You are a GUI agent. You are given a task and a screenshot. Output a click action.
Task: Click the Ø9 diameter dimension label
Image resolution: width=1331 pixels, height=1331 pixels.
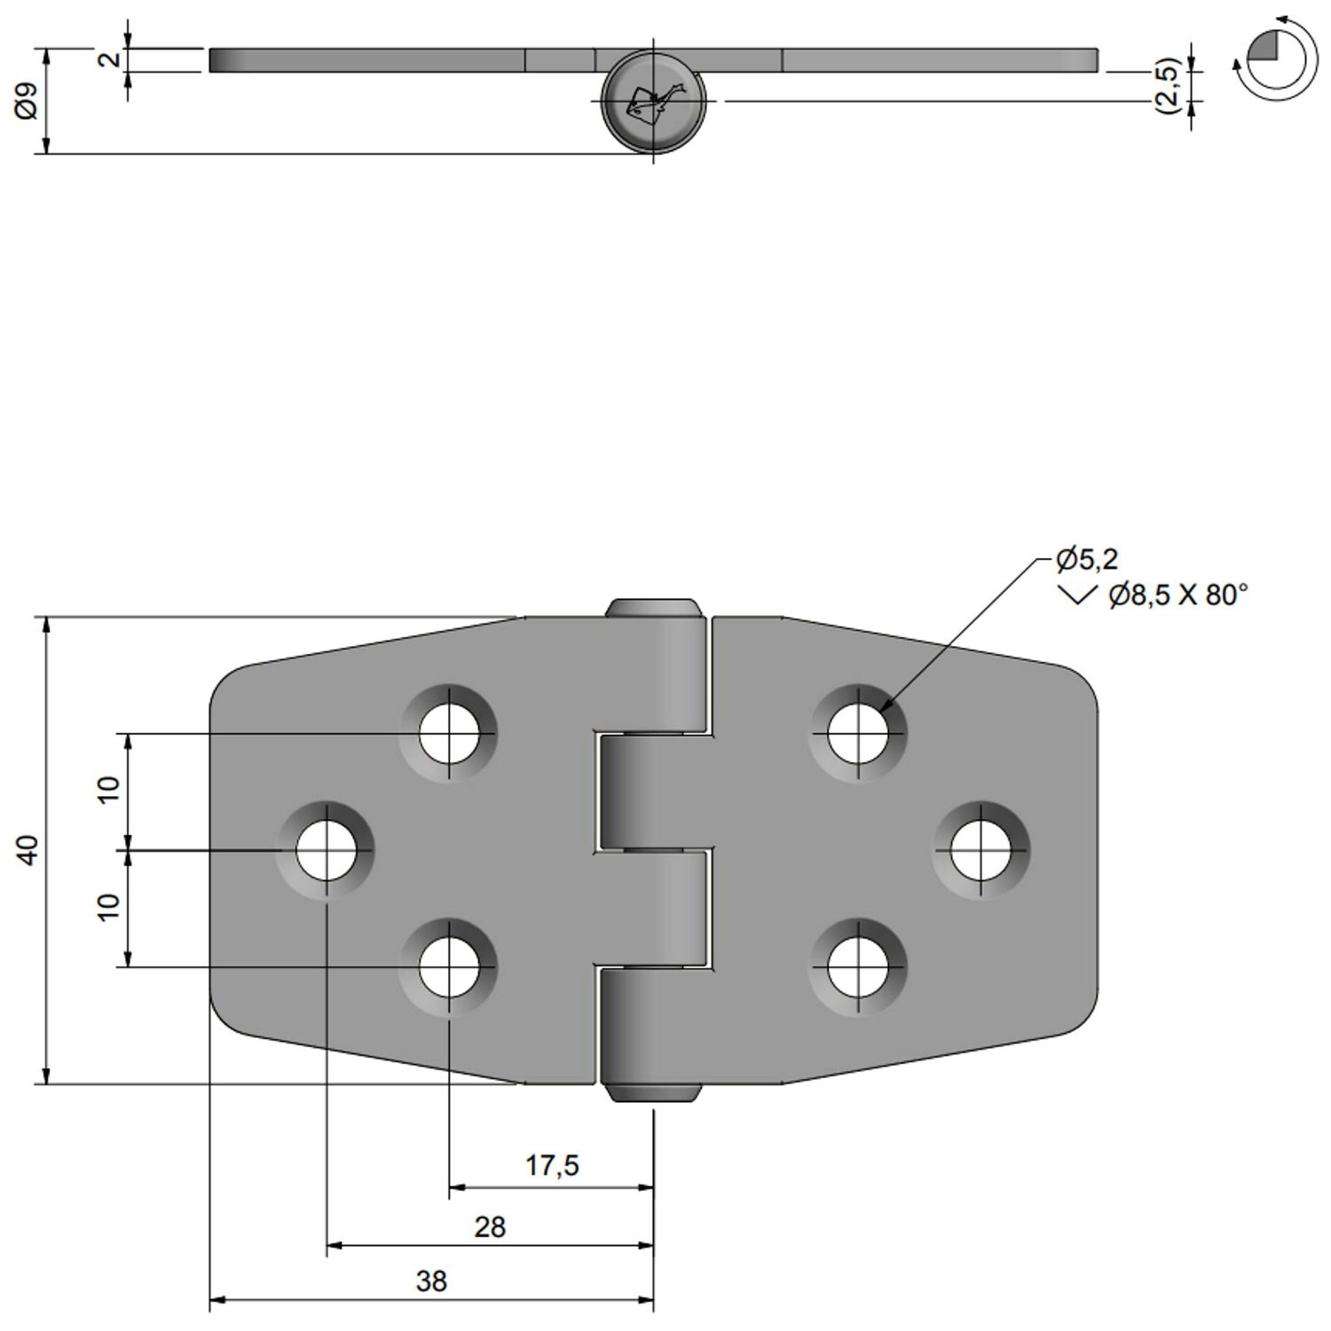(x=27, y=101)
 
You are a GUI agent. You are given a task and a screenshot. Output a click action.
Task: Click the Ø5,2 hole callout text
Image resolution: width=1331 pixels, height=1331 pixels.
(x=1086, y=559)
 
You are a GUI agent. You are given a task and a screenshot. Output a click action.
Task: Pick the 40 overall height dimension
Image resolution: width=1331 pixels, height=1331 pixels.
(x=28, y=849)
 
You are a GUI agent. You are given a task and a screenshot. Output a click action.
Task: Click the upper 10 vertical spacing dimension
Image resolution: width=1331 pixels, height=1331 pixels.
(x=108, y=789)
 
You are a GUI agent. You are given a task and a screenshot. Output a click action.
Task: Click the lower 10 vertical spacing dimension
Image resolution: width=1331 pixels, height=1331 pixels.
(x=108, y=906)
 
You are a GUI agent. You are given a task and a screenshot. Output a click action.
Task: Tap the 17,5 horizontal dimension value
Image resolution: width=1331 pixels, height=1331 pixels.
(x=552, y=1165)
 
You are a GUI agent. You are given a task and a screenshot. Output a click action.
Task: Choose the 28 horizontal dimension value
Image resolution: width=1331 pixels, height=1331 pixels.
(x=490, y=1227)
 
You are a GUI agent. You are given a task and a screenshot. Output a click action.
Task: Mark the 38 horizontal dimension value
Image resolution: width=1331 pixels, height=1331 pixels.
(x=432, y=1281)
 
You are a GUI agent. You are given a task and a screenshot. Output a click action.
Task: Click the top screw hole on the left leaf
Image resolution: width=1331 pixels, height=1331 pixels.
(x=449, y=734)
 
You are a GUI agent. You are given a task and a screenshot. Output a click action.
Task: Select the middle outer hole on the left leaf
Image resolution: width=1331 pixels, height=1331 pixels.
(x=327, y=850)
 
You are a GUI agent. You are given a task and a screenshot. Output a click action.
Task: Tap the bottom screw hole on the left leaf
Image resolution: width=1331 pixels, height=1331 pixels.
(x=449, y=966)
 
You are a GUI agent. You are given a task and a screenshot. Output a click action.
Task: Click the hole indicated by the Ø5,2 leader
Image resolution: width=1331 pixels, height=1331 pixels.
(x=858, y=734)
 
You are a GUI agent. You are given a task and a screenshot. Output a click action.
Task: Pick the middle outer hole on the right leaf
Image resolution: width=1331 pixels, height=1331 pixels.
(x=981, y=850)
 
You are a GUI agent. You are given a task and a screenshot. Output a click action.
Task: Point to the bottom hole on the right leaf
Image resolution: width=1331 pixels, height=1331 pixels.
(x=858, y=966)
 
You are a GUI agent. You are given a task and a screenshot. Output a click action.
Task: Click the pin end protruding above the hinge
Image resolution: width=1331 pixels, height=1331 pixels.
(x=654, y=608)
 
